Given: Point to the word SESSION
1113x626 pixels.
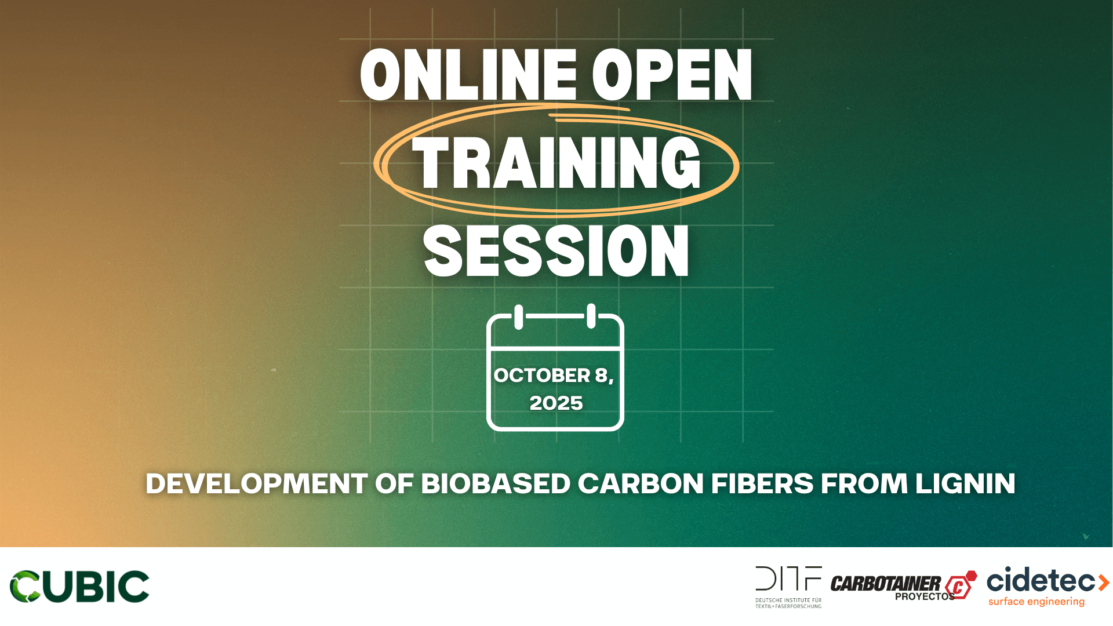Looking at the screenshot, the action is coord(556,251).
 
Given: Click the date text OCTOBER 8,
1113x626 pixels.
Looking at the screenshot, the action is coord(554,376).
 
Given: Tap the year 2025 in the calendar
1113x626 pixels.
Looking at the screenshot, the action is coord(556,403).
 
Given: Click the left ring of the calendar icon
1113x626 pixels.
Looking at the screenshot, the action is coord(519,317).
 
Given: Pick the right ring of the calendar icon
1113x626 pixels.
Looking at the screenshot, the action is coord(591,316).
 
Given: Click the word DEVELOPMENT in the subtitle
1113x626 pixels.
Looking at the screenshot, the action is coord(257,483).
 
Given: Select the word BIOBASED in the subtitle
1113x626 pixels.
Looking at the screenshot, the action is coord(496,483).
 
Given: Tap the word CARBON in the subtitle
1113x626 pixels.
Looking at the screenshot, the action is coord(641,483).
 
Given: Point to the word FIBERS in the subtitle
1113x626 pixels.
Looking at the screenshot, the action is coord(762,483).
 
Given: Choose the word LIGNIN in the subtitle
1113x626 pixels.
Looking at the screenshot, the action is coord(965,483).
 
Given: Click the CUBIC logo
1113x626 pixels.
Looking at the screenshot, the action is coord(79,587).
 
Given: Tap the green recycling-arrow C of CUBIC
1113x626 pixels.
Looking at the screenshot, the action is coord(25,587).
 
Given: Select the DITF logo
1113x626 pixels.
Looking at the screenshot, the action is coord(788,587).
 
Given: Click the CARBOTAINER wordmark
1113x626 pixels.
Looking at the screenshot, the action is coord(886,584).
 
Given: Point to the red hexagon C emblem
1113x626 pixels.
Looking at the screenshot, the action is coord(961,585).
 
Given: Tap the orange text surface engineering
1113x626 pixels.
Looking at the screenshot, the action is coord(1036,602).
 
